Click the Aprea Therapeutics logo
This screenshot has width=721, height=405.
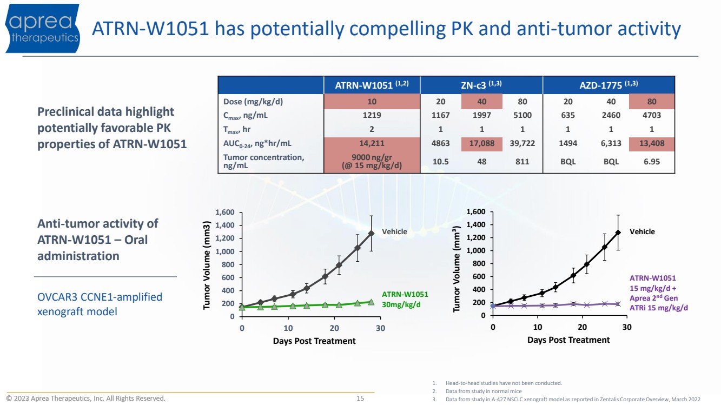point(42,28)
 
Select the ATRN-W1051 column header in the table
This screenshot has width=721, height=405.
point(372,85)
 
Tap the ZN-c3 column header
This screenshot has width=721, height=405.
point(481,85)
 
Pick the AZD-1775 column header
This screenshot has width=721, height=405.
point(608,85)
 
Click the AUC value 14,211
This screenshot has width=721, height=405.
point(372,143)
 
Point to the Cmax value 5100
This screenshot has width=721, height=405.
point(522,115)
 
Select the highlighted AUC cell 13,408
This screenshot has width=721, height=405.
point(651,143)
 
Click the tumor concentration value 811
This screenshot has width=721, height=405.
point(522,162)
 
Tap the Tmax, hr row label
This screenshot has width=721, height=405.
point(236,130)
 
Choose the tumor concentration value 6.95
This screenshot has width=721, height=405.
point(651,162)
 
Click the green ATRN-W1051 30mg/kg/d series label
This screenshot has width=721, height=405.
point(405,299)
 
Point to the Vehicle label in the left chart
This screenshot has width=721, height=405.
point(394,231)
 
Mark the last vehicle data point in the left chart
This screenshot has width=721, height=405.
point(371,233)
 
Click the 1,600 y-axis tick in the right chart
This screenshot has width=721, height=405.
point(476,211)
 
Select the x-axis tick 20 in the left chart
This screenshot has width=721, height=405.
point(334,328)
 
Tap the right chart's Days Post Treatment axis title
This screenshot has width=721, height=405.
point(568,340)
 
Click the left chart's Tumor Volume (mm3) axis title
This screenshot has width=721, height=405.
point(207,265)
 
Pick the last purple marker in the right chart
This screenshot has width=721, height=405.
point(618,304)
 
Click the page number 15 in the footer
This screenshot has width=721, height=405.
point(360,399)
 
